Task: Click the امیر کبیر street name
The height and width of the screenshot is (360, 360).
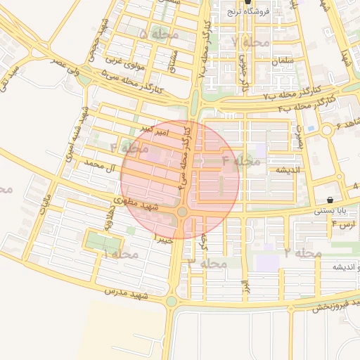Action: [153, 130]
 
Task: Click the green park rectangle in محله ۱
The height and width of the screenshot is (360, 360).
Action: [102, 241]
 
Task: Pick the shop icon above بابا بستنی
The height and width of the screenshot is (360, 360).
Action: [330, 200]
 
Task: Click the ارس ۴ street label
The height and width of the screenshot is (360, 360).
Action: [344, 224]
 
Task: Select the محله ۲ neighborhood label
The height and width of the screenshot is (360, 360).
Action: [303, 252]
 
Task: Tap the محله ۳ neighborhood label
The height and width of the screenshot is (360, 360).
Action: [209, 263]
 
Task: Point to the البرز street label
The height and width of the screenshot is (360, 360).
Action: [245, 286]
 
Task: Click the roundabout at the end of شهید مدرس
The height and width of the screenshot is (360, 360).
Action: [171, 302]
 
